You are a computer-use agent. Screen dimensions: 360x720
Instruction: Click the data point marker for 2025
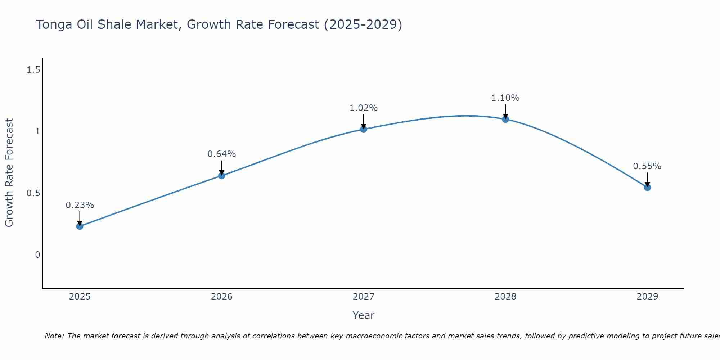click(80, 226)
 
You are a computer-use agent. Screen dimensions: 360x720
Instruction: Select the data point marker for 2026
click(222, 176)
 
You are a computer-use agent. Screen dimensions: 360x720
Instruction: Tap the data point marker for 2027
click(364, 129)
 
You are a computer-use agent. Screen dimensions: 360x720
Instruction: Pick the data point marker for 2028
click(505, 119)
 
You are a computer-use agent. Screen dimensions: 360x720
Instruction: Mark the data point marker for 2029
click(647, 187)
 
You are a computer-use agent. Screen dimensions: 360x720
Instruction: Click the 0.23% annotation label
click(80, 205)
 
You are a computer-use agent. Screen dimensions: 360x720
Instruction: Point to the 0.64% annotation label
click(222, 154)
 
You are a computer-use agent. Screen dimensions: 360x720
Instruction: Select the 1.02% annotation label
click(364, 108)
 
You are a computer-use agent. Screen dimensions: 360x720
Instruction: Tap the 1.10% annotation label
click(505, 98)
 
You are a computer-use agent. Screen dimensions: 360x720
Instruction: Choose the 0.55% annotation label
click(647, 166)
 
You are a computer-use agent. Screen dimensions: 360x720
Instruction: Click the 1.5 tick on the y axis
click(33, 70)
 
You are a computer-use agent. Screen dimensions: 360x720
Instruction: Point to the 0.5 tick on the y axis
click(33, 193)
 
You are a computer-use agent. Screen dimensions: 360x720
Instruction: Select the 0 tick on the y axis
click(37, 255)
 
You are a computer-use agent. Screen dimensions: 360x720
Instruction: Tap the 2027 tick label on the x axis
click(364, 297)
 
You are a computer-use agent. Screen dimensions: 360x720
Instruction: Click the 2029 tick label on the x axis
click(647, 297)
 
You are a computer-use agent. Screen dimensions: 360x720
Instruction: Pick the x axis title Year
click(364, 315)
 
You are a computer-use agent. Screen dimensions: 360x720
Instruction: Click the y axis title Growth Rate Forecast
click(9, 173)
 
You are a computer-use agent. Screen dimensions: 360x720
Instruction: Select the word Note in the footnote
click(54, 336)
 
